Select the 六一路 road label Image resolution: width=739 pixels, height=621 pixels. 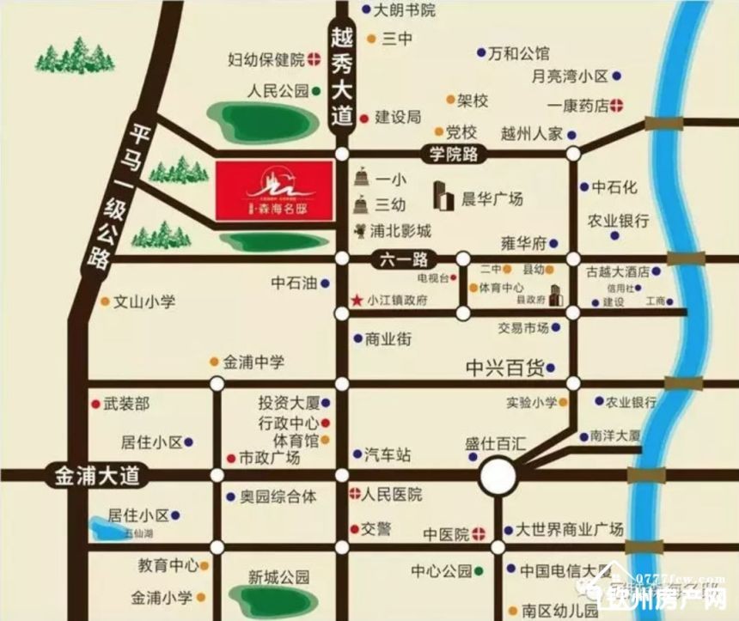(405, 258)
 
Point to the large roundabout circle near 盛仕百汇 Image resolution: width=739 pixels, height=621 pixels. (498, 475)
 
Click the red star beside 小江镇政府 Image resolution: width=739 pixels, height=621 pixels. (357, 301)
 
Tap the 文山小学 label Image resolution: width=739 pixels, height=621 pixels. (144, 301)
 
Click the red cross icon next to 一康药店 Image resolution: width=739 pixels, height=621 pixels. (617, 106)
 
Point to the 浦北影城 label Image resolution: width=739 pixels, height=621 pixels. (400, 230)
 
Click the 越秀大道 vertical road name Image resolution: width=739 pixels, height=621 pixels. (343, 77)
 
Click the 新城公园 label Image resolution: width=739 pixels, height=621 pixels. (278, 576)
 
